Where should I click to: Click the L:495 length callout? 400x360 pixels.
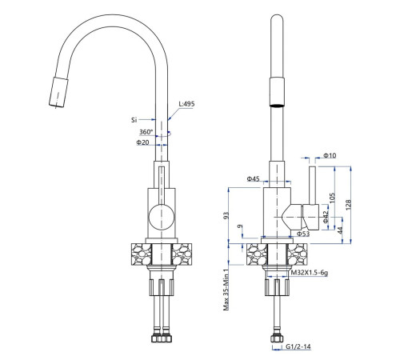186,104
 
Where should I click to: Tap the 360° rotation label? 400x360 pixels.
146,132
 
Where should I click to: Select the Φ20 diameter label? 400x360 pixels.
142,142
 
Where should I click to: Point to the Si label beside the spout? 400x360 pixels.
134,120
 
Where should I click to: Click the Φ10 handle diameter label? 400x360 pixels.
330,155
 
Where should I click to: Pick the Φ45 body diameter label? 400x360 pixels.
253,178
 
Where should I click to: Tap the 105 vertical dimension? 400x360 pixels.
332,198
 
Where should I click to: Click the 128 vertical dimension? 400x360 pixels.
348,205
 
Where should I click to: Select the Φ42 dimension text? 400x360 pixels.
326,217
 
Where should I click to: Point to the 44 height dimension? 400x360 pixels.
340,230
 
